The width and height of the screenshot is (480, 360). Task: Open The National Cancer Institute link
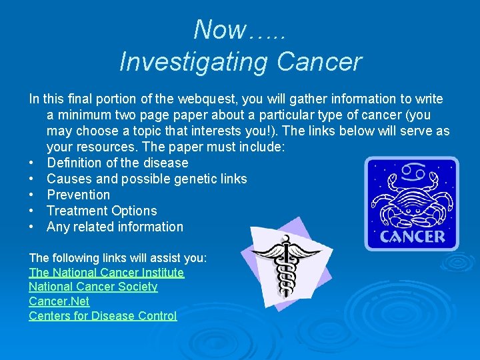click(106, 273)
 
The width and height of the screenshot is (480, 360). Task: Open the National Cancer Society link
click(93, 287)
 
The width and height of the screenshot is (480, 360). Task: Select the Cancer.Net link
click(59, 301)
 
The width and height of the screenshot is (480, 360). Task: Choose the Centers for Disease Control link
click(103, 316)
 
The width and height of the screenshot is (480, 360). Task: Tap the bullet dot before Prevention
click(32, 195)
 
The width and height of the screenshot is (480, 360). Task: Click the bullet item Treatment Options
click(102, 211)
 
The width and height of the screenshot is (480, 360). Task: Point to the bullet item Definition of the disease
click(117, 163)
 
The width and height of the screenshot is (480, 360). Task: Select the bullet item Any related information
click(115, 227)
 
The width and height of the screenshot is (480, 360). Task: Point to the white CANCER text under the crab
click(412, 237)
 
